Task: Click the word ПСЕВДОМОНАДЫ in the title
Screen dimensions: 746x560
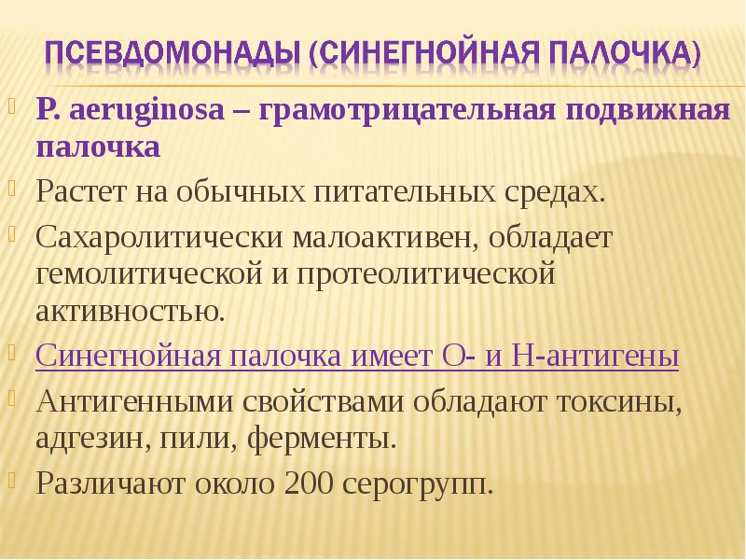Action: (173, 52)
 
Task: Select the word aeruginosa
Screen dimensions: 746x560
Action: (146, 111)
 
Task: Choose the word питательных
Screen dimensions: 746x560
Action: (405, 192)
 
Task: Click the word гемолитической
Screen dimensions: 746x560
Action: (149, 273)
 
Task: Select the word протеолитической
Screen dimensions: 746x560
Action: (426, 274)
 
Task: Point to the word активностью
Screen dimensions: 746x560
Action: (130, 312)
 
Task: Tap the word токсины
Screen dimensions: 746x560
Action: (618, 402)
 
